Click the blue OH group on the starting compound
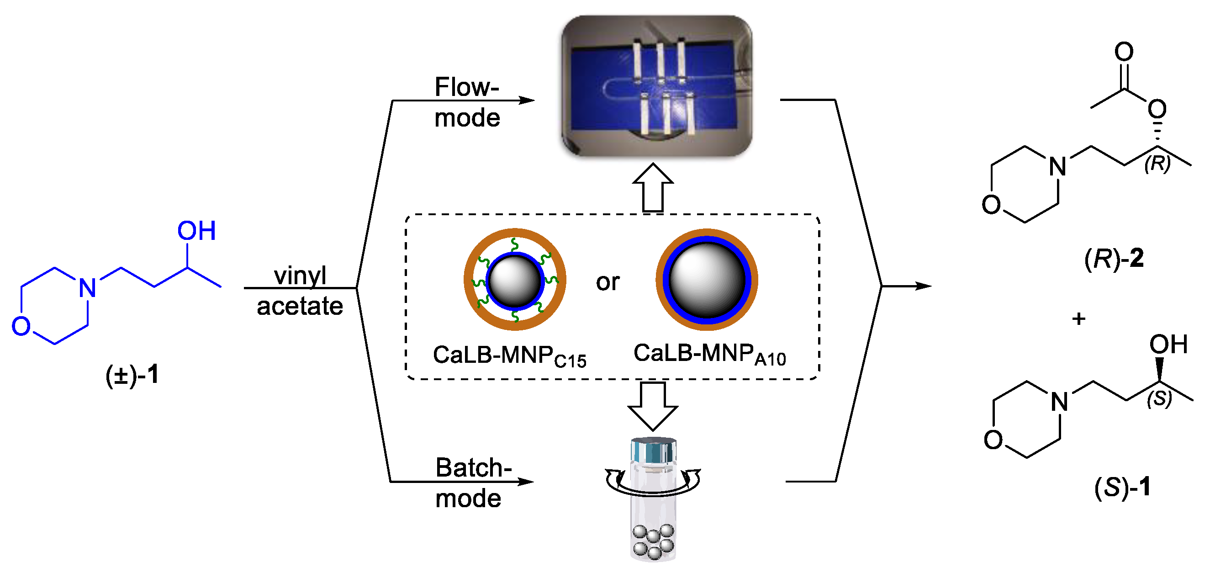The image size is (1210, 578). tap(196, 231)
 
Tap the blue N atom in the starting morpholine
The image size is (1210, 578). tap(87, 288)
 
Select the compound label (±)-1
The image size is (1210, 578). tap(132, 376)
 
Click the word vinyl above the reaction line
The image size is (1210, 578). tap(300, 276)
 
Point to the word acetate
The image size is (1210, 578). tap(300, 307)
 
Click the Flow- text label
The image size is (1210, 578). tap(466, 87)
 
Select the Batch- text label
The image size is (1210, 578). tap(473, 468)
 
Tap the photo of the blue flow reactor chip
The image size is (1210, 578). tap(656, 85)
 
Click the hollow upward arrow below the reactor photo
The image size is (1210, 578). tap(652, 188)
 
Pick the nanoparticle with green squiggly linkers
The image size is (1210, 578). tap(514, 280)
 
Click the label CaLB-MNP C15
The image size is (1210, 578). tap(509, 356)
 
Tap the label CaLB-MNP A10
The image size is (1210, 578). tap(709, 354)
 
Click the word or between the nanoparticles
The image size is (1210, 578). tap(608, 282)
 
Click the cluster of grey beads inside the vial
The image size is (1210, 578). tap(653, 542)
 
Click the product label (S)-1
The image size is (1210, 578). tap(1122, 487)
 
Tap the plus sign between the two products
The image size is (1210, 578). tap(1078, 319)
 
